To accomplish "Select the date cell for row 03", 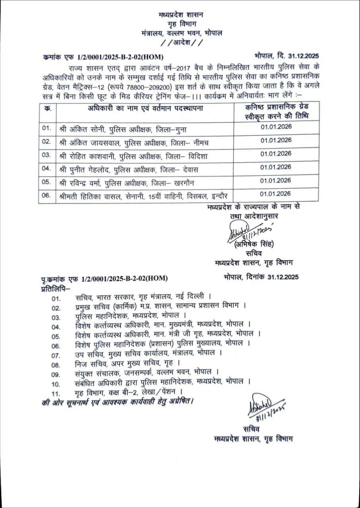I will (x=276, y=154).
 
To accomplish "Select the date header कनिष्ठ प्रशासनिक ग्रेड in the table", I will (x=275, y=107).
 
